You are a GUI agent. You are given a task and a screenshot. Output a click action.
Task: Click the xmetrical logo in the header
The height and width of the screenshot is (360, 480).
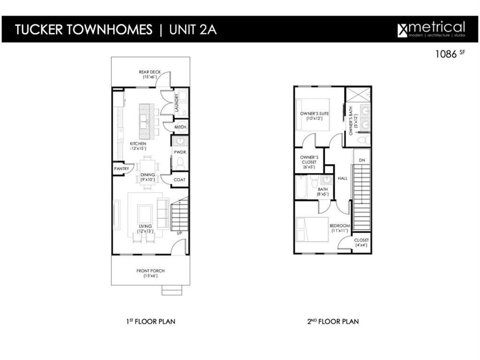(431, 29)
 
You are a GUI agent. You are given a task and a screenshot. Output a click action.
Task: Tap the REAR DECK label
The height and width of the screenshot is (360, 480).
(150, 74)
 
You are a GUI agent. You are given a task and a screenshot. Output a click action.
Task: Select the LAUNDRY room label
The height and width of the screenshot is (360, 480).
(177, 102)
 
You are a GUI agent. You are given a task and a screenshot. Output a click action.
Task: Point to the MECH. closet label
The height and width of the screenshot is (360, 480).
(181, 127)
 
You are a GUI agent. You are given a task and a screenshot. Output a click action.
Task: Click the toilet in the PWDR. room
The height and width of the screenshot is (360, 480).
(180, 162)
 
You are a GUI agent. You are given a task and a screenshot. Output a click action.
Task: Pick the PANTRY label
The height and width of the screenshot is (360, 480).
(121, 169)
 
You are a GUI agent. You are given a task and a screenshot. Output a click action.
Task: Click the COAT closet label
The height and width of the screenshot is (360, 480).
(179, 180)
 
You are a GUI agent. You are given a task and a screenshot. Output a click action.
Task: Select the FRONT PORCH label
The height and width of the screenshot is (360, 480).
(150, 273)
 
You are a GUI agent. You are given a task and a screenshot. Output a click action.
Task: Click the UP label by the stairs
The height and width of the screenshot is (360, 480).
(179, 233)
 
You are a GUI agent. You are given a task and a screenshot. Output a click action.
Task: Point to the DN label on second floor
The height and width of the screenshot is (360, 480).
(362, 160)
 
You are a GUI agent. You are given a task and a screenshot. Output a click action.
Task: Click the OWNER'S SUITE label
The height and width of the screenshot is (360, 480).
(314, 115)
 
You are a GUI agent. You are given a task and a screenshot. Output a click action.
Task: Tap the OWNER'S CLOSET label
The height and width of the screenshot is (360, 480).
(309, 162)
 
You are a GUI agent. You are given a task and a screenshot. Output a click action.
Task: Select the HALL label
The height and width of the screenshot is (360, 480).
(343, 178)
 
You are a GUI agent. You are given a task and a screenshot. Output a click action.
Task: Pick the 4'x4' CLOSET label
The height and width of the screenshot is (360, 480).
(361, 243)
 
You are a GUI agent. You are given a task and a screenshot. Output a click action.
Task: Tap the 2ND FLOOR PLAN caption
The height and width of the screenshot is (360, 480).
(333, 321)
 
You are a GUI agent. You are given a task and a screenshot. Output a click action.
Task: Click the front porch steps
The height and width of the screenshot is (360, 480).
(169, 290)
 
